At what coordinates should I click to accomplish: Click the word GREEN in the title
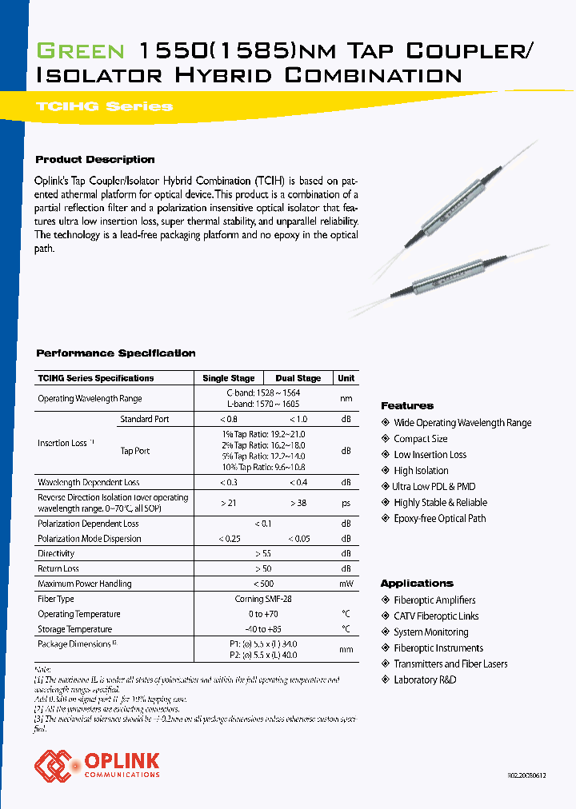(x=81, y=52)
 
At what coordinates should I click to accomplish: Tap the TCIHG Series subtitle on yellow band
(x=104, y=106)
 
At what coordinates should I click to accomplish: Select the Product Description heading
(x=95, y=159)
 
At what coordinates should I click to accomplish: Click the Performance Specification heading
(x=116, y=353)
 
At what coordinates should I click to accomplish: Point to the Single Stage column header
(x=229, y=378)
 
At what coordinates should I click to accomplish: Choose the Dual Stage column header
(x=298, y=378)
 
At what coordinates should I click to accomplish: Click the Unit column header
(x=346, y=378)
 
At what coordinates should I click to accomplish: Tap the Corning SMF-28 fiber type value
(x=264, y=599)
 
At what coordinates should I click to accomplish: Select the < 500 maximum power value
(x=263, y=584)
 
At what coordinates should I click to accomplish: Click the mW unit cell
(x=346, y=584)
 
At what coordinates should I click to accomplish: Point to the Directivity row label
(x=56, y=553)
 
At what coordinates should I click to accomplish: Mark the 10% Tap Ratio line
(x=263, y=467)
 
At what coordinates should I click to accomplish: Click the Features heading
(x=407, y=405)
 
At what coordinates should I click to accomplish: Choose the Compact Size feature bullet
(x=420, y=439)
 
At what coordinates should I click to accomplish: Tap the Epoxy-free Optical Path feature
(x=439, y=519)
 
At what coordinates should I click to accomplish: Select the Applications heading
(x=417, y=583)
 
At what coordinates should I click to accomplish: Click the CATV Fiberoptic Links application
(x=436, y=616)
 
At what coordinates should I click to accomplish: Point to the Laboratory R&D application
(x=425, y=680)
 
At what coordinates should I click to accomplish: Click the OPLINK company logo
(x=97, y=764)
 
